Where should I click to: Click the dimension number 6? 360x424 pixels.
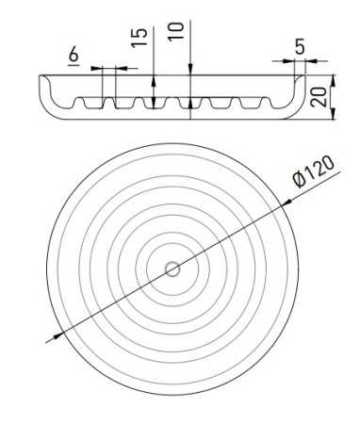pos(74,54)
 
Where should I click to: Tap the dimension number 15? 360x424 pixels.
pos(139,38)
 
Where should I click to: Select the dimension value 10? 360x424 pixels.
pos(175,31)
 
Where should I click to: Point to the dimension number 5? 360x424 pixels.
pos(300,47)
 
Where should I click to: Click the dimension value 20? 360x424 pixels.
pos(319,97)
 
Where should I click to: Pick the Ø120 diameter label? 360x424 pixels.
pos(313,171)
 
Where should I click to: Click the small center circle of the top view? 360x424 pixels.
pos(172,269)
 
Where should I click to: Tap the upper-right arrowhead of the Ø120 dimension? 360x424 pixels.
pos(286,203)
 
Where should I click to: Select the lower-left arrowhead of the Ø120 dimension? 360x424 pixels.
pos(58,335)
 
